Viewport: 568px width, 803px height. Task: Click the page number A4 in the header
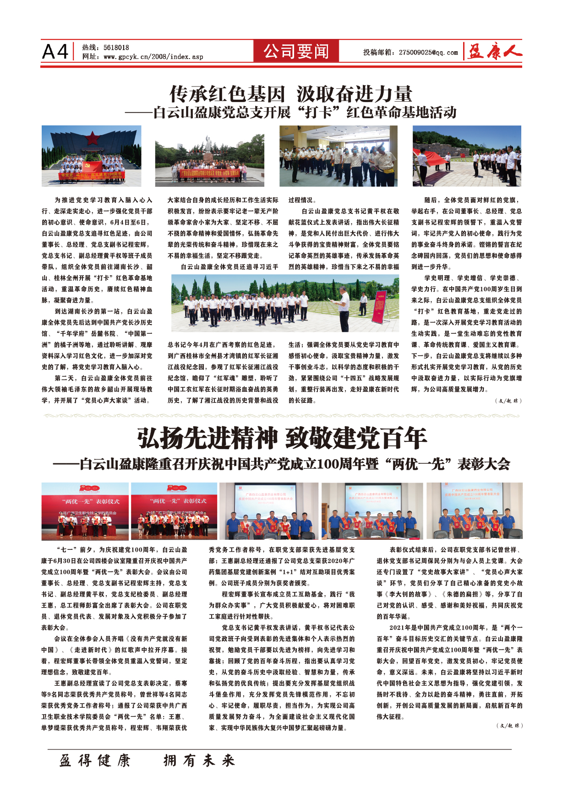[x=55, y=51]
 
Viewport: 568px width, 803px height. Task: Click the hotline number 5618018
[x=116, y=47]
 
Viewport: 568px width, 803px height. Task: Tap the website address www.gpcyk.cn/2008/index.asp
[x=153, y=57]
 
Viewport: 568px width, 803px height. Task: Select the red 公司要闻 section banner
[x=296, y=51]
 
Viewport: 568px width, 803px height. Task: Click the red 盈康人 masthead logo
[x=494, y=52]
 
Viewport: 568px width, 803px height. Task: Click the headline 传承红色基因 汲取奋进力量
[x=291, y=94]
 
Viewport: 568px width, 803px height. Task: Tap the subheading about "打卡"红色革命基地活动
[x=291, y=113]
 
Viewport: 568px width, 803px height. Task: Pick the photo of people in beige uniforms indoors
[x=338, y=156]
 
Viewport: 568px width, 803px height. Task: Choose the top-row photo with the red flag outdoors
[x=467, y=156]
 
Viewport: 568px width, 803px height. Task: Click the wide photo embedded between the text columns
[x=285, y=303]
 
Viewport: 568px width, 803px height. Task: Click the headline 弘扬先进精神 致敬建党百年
[x=282, y=439]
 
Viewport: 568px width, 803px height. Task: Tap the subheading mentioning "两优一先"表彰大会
[x=281, y=464]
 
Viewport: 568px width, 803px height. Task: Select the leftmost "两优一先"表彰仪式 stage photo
[x=85, y=511]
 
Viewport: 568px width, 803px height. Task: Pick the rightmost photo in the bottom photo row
[x=474, y=511]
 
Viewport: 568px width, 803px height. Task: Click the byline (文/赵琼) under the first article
[x=508, y=401]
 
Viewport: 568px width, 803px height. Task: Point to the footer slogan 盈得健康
[x=95, y=761]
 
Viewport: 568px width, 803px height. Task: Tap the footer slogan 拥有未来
[x=199, y=761]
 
